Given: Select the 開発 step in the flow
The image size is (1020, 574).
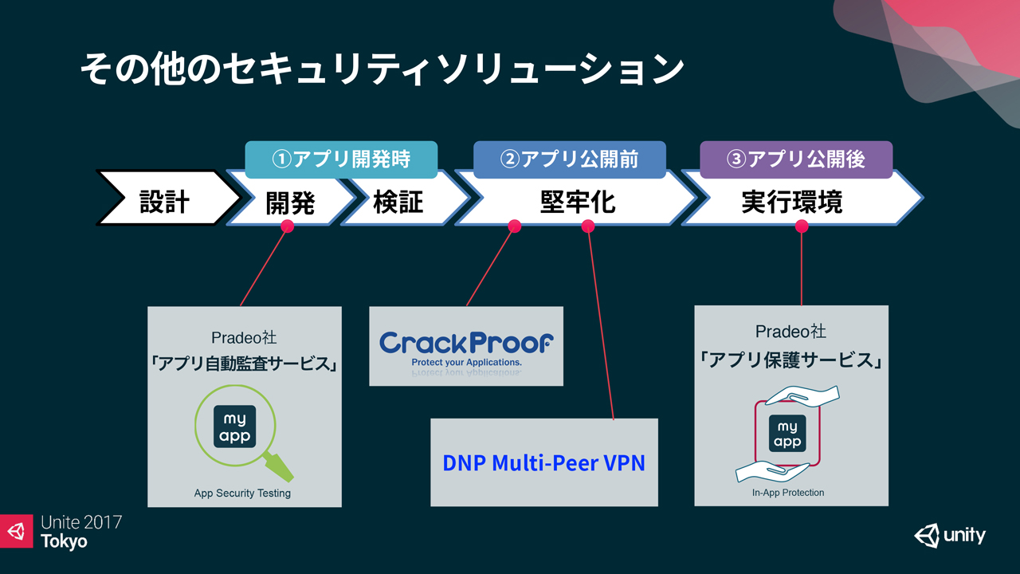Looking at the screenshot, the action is point(290,202).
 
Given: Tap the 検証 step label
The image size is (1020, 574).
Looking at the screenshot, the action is point(398,202).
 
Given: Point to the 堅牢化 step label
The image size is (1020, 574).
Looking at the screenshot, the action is point(578,202).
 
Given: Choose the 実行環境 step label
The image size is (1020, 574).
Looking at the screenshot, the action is point(792,202).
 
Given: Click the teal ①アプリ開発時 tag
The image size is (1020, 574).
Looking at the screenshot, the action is point(341,159).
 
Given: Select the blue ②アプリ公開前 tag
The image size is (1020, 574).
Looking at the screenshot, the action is point(570,159).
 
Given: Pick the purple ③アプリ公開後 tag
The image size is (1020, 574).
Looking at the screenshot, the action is point(796,159).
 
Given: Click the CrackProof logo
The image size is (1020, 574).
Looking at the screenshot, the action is point(466,348).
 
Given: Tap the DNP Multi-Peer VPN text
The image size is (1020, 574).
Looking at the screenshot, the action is point(543,463).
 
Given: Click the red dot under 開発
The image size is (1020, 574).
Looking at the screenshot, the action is point(288,226).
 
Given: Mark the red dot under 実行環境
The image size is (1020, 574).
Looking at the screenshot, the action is point(802,226).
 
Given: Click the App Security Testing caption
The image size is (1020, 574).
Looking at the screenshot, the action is point(242,493).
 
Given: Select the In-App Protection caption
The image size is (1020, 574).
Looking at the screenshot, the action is point(788,493).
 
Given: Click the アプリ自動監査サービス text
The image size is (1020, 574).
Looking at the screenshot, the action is point(245,364).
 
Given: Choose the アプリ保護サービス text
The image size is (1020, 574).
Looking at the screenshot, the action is point(791,360).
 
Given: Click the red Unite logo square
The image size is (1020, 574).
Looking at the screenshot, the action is point(17,531).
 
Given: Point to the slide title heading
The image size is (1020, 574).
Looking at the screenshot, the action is point(382,69).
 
